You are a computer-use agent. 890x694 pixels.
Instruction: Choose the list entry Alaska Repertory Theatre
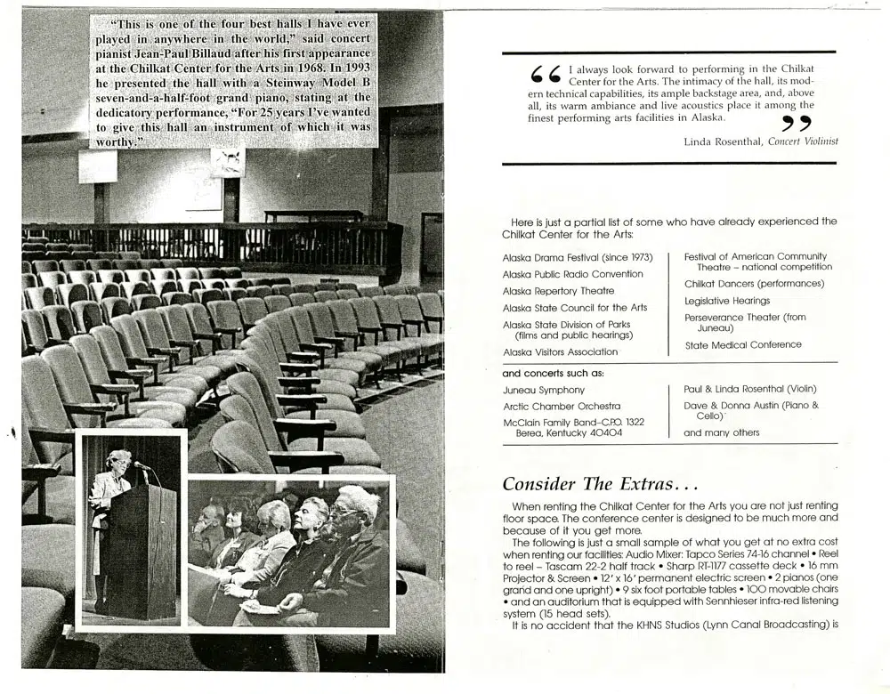point(558,291)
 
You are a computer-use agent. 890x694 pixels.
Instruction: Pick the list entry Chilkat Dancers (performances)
point(754,284)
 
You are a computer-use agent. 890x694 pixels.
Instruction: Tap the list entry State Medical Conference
point(742,345)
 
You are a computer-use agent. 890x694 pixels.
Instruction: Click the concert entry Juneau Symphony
point(544,390)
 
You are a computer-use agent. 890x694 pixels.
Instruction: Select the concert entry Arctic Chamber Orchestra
point(562,406)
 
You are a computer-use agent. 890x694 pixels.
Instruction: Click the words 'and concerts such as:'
point(553,373)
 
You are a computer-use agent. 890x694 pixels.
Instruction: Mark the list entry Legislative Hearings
point(727,301)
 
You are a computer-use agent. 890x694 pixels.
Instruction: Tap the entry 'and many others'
point(722,433)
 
